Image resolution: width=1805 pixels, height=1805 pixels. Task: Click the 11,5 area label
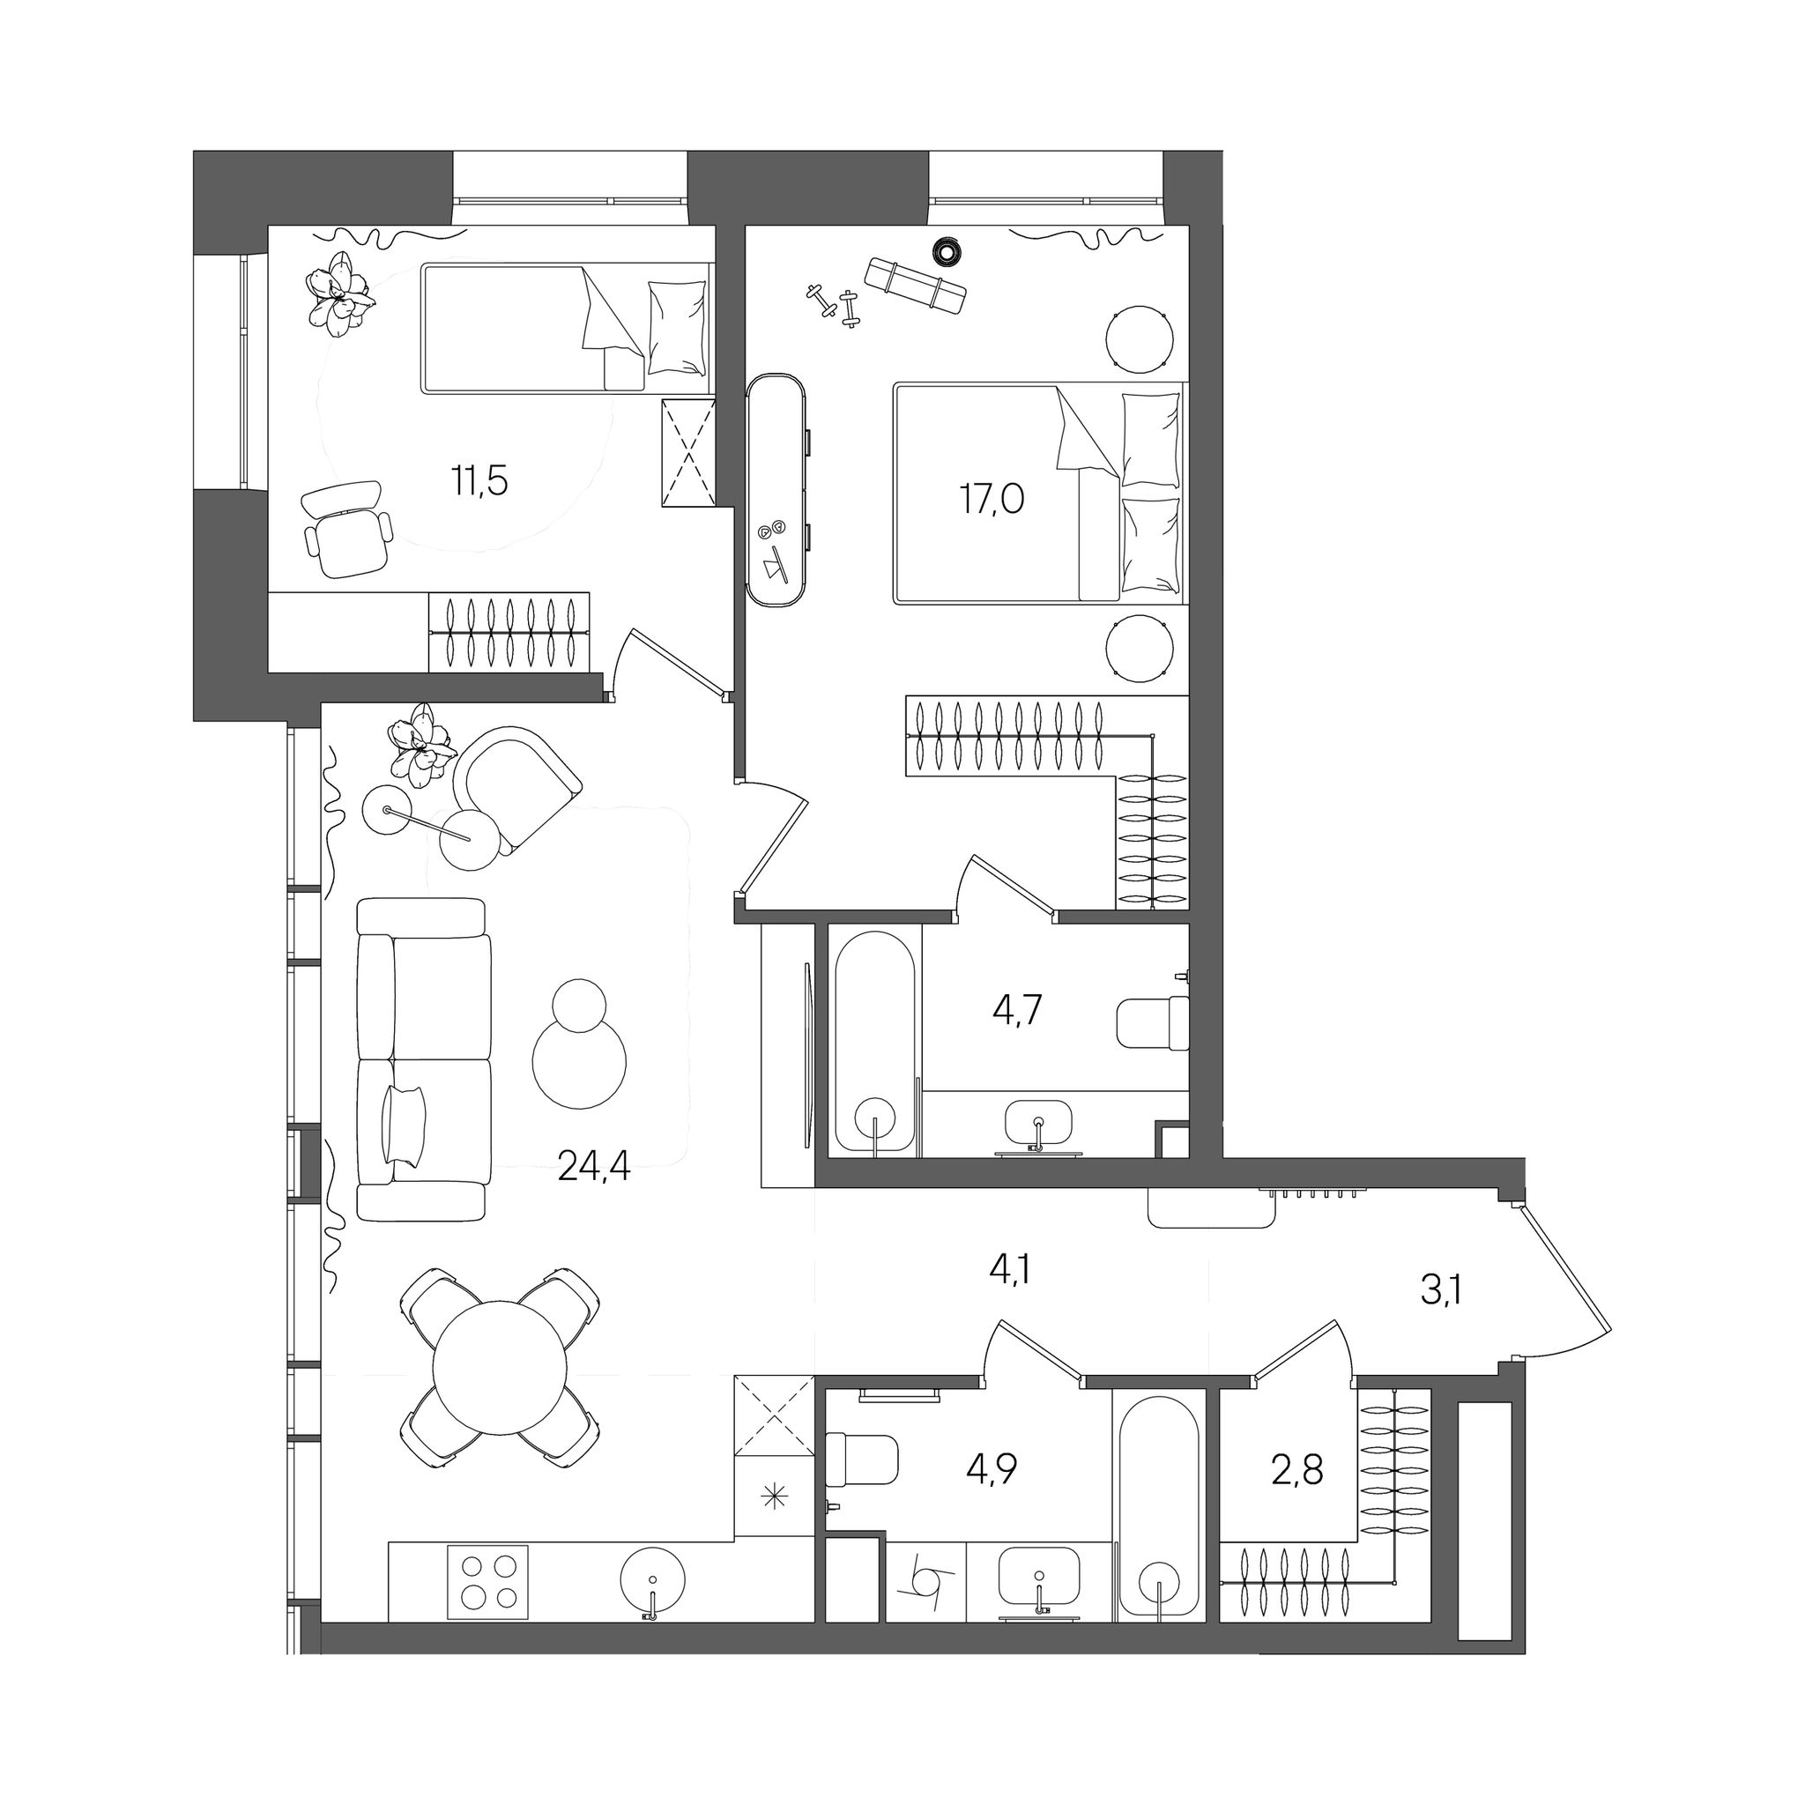click(x=479, y=481)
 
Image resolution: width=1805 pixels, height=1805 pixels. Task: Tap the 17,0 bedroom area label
click(x=992, y=500)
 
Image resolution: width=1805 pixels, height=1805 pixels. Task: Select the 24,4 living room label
click(x=594, y=1166)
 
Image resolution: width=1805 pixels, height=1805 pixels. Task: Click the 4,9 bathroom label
click(x=992, y=1469)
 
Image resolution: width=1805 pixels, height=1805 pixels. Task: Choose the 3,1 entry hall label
click(x=1440, y=1291)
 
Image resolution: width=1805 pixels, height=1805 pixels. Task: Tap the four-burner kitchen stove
click(x=487, y=1582)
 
